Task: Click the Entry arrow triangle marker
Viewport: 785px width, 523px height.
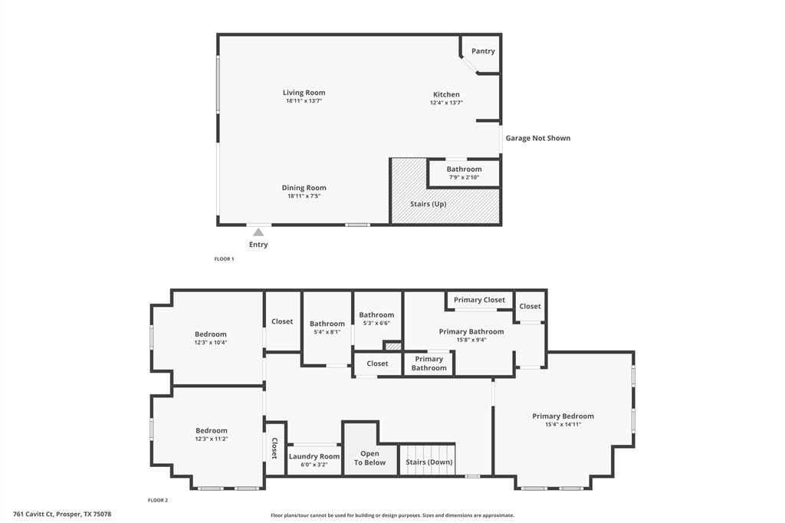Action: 258,232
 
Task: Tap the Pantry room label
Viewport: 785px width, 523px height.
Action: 483,51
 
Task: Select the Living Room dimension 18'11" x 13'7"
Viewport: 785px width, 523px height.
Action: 304,101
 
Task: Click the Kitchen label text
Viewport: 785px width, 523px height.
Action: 445,94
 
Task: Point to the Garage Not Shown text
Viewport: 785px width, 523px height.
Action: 537,138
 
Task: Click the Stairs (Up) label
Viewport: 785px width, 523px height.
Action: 429,204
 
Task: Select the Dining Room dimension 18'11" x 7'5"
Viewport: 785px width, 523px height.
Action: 304,196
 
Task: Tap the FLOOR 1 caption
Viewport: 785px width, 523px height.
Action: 224,259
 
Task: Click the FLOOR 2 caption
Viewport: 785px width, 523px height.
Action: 158,500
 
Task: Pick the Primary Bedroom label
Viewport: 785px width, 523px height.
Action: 563,416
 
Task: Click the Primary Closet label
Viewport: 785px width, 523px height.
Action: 479,300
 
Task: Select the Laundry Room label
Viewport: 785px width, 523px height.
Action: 314,456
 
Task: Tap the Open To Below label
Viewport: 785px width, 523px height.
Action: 370,458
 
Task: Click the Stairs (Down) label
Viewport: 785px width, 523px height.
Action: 429,462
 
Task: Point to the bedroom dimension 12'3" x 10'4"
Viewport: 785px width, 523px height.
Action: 210,343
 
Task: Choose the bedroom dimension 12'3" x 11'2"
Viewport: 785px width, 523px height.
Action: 211,439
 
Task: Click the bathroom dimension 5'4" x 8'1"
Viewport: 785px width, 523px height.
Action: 327,332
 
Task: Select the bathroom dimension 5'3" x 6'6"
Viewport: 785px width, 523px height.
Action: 376,323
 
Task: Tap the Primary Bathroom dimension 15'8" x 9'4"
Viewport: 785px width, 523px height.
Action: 471,340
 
